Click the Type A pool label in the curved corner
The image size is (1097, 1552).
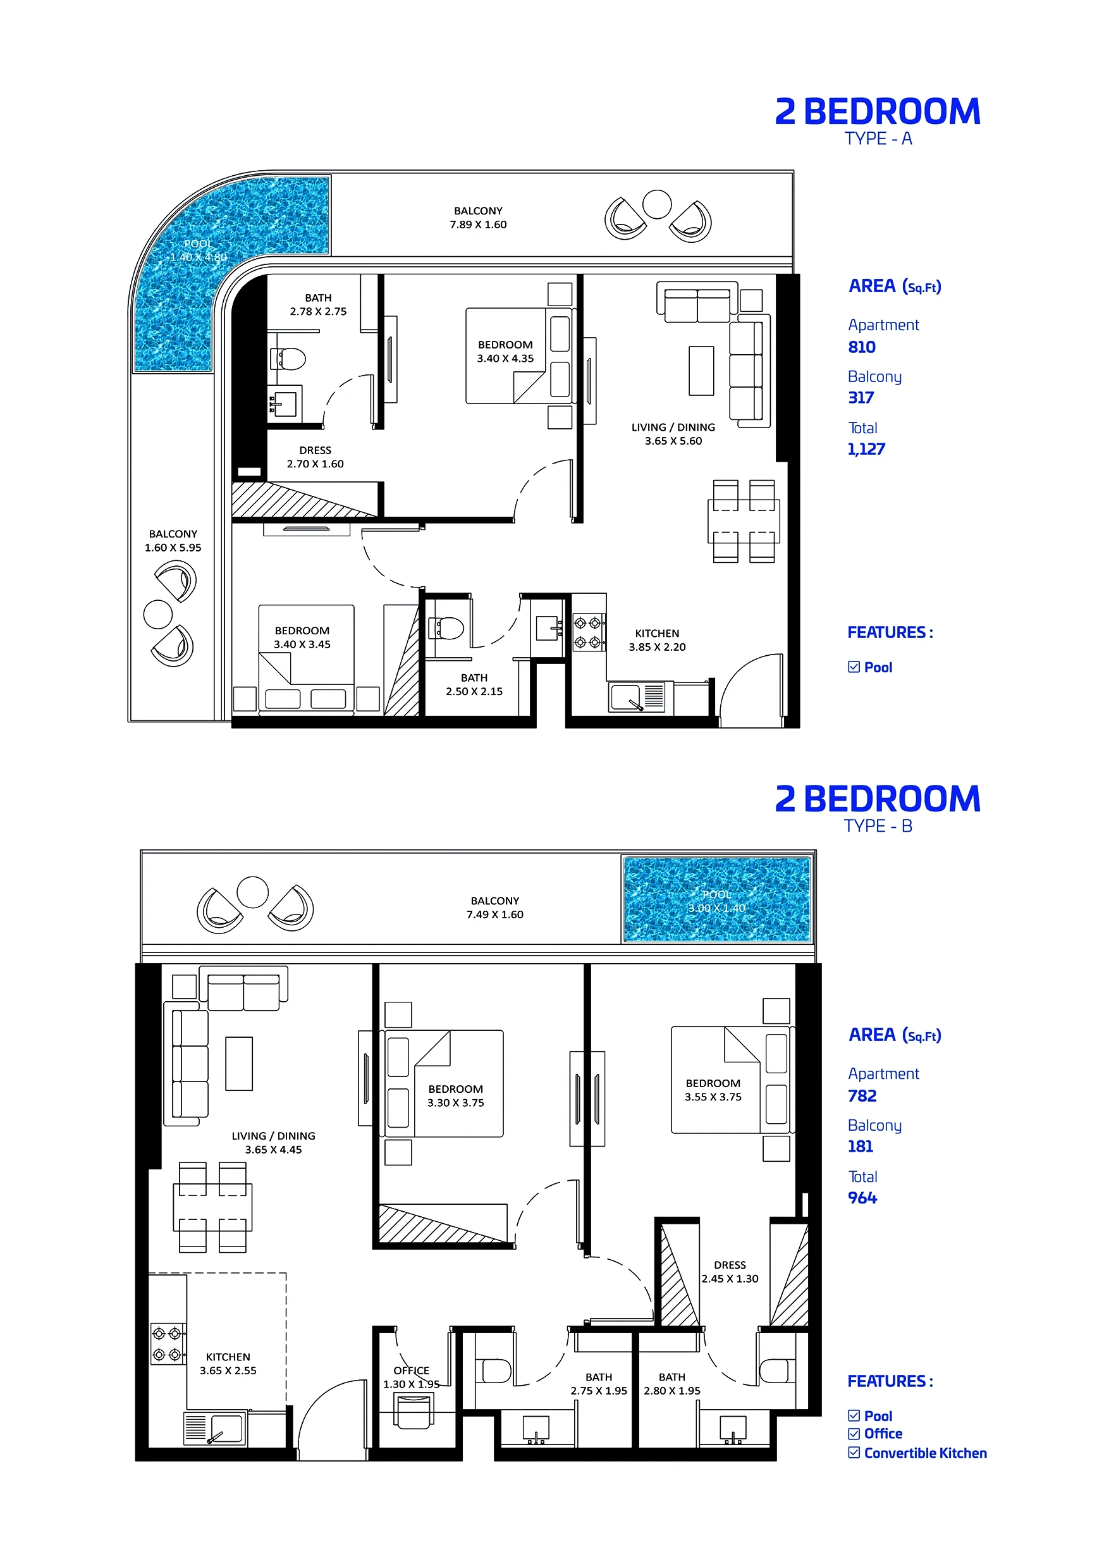coord(198,250)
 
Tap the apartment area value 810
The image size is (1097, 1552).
coord(862,347)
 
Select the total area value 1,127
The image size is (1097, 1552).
coord(866,449)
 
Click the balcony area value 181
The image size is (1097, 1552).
coord(861,1146)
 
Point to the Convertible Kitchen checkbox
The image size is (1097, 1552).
coord(854,1452)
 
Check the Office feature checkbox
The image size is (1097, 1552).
coord(854,1433)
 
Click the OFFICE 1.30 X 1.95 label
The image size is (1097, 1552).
coord(411,1377)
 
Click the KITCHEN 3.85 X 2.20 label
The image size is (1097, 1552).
coord(656,639)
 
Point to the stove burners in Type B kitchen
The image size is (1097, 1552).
coord(167,1344)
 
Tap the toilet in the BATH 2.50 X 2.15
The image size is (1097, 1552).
coord(447,628)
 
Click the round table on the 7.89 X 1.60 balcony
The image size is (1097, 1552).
coord(656,204)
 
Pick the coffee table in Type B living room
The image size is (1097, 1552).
coord(238,1063)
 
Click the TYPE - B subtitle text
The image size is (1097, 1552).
coord(878,825)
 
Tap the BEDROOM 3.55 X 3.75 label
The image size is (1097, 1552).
coord(713,1090)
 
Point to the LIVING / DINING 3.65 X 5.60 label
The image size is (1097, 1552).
coord(673,434)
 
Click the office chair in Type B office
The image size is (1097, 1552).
coord(413,1412)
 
